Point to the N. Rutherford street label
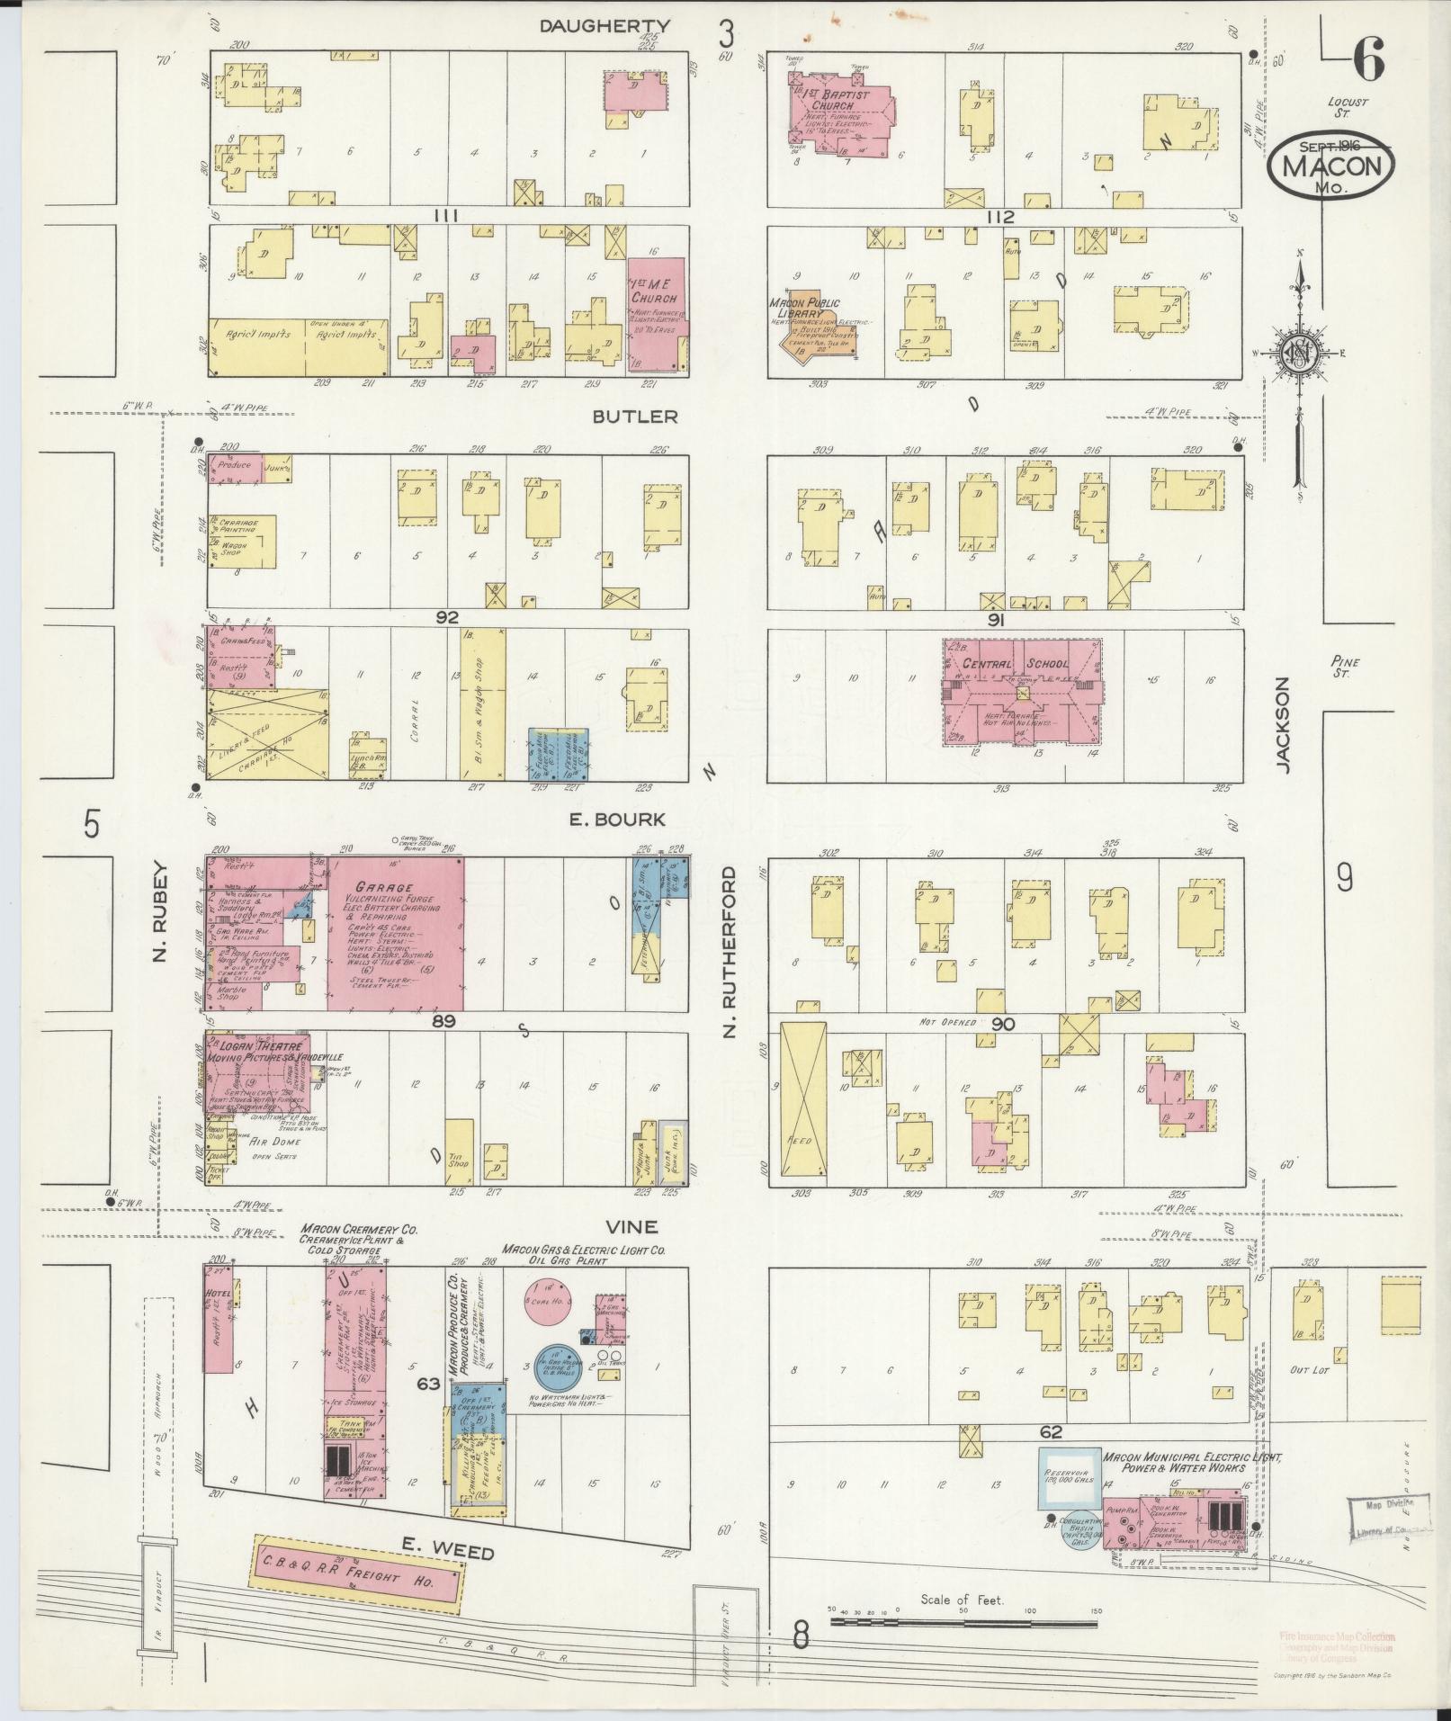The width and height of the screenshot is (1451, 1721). pyautogui.click(x=730, y=952)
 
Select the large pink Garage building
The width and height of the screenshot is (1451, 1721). pyautogui.click(x=397, y=933)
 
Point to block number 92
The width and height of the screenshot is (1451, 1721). pyautogui.click(x=447, y=617)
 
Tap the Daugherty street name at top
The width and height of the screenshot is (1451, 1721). pyautogui.click(x=605, y=26)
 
